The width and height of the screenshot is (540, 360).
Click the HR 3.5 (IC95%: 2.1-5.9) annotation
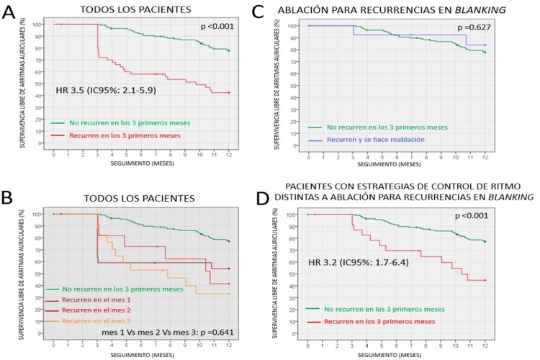[105, 91]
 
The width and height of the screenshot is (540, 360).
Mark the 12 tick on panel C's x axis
[485, 156]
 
